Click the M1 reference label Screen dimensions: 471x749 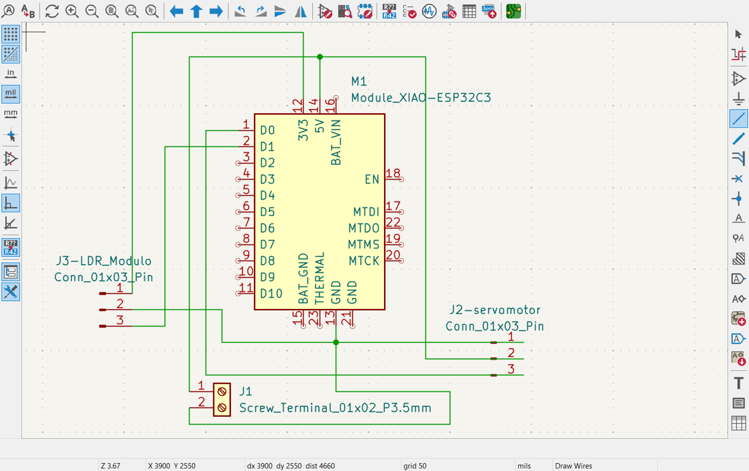359,81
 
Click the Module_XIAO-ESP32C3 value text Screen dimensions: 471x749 421,98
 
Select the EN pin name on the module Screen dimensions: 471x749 372,180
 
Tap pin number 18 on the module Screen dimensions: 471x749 392,173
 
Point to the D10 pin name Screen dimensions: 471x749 271,294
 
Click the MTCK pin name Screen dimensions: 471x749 364,261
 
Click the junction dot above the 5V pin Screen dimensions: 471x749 320,57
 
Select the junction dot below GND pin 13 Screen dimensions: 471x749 336,343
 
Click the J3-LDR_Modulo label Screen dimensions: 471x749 103,261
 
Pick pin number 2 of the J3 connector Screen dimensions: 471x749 120,304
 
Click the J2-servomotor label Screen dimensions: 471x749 495,310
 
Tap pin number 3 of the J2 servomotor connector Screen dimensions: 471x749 511,369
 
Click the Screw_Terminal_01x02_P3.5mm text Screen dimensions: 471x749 335,408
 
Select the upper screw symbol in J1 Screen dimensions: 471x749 222,392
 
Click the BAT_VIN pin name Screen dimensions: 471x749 336,142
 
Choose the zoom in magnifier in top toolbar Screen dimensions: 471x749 72,11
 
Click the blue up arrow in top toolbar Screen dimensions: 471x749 196,11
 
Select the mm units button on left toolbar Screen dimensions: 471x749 11,114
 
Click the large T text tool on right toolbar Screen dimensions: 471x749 738,383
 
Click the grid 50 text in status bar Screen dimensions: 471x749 415,466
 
